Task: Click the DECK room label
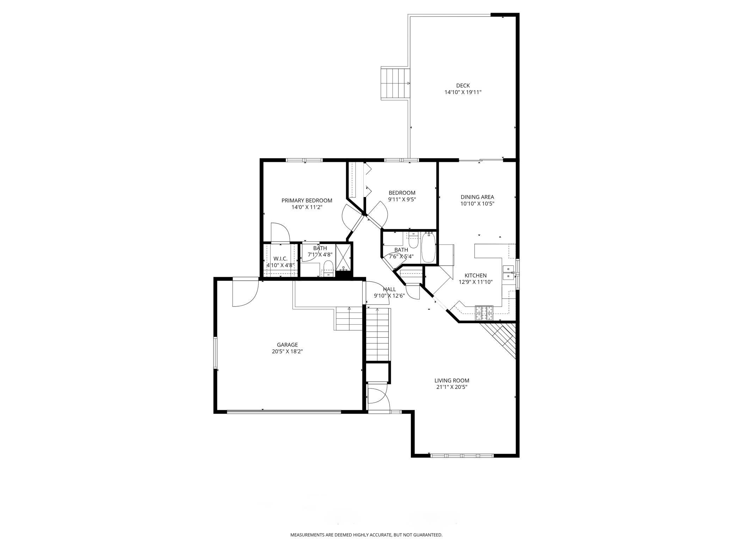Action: [463, 86]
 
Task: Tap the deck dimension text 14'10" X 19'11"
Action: [463, 92]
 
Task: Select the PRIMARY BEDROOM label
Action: [307, 201]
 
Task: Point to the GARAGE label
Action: [287, 345]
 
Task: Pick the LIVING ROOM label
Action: [452, 380]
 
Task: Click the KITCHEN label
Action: [475, 275]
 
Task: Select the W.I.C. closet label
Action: [281, 259]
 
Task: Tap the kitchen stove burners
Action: [484, 313]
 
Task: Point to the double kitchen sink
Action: [509, 273]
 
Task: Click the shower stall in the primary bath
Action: [344, 258]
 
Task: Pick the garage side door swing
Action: [245, 293]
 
